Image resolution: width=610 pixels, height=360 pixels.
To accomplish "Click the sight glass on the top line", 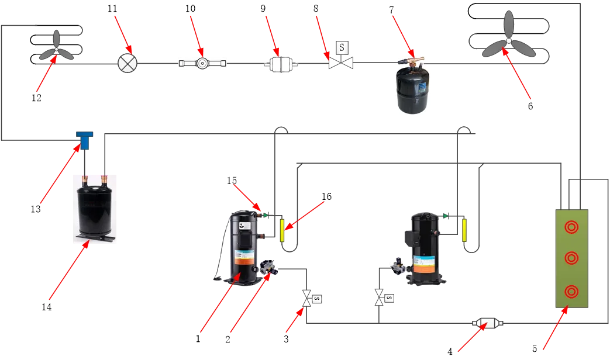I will click(202, 64).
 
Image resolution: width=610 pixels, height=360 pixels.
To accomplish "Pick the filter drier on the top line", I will click(281, 65).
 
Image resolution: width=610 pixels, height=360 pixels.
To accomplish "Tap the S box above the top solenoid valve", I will click(342, 46).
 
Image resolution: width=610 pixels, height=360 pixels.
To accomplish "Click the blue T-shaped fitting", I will click(85, 140).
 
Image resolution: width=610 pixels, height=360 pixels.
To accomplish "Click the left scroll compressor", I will click(244, 248).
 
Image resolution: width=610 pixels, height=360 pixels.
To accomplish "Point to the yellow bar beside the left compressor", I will click(282, 230).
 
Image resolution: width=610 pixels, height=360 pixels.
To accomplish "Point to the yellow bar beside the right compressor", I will click(465, 230).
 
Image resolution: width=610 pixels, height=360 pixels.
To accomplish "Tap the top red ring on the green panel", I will click(571, 227).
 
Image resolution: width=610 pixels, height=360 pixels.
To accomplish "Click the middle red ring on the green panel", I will click(571, 258).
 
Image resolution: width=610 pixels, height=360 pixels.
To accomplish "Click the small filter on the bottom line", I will click(487, 323).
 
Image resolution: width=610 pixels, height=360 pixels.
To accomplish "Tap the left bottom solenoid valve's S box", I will click(317, 299).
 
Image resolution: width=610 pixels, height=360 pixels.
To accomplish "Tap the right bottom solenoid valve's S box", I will click(389, 298).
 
